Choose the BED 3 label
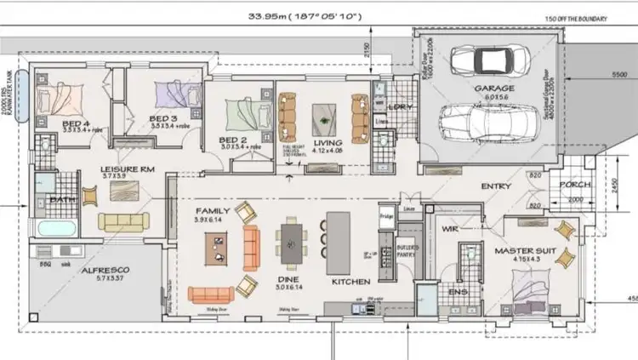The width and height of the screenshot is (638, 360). tap(162, 118)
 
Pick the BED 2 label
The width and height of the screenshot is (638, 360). tap(232, 140)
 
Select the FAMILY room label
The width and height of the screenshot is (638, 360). tap(213, 210)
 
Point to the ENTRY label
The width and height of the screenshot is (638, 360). tap(496, 186)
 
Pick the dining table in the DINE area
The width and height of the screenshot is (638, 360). tap(292, 243)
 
